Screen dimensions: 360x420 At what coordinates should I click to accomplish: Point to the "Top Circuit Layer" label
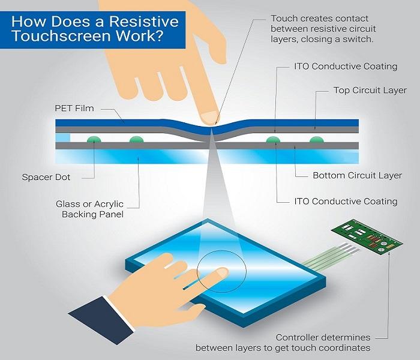(370, 91)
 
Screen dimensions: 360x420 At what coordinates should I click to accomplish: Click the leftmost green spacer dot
(92, 139)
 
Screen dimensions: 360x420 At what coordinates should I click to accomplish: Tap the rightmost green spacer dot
(316, 139)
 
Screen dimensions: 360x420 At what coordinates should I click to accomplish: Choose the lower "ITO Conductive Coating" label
(345, 201)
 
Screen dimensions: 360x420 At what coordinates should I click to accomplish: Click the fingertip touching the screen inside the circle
(221, 272)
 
